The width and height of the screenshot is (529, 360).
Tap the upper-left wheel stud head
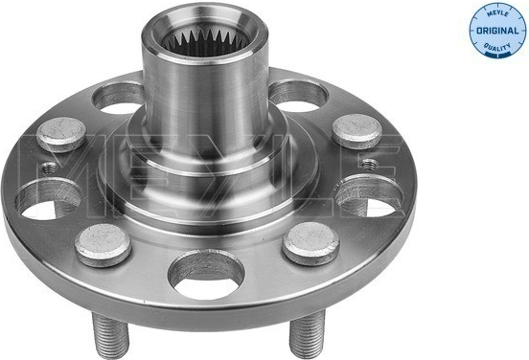(61, 134)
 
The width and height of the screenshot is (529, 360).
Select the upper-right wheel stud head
(356, 131)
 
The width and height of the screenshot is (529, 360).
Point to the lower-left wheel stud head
(103, 245)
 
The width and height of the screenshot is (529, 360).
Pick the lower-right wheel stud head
(311, 243)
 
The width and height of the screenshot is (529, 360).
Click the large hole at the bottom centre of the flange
(206, 275)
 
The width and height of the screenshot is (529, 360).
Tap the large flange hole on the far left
(49, 199)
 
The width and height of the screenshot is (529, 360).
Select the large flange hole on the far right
(369, 196)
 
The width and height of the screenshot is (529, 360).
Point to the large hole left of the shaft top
(118, 98)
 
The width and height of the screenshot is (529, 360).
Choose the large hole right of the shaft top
(298, 96)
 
